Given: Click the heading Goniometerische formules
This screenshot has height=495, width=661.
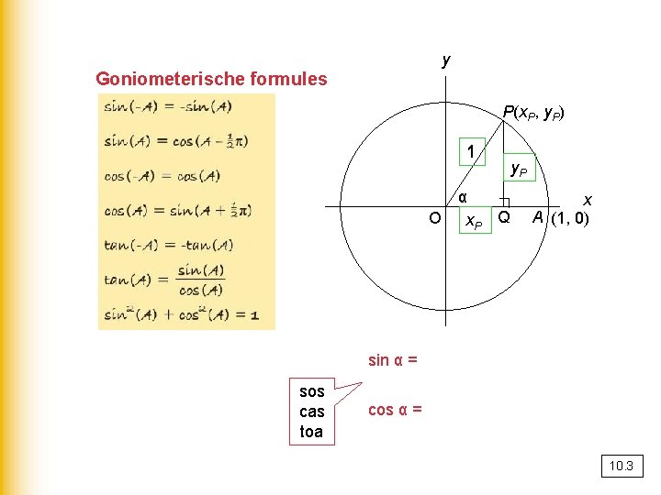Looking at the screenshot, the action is click(211, 79).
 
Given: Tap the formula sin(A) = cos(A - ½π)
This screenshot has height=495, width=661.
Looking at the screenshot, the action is click(175, 141).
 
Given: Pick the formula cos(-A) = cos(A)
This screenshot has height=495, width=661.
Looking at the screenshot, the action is click(162, 176).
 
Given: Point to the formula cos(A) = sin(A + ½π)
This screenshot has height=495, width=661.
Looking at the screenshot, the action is click(177, 210).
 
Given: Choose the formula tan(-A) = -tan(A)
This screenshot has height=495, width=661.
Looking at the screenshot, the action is click(168, 245).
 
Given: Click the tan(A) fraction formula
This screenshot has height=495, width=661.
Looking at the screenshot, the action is click(165, 280).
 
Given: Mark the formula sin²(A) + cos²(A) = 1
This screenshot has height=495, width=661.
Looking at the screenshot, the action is click(181, 315).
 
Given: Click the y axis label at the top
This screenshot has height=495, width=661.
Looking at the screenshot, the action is click(446, 60).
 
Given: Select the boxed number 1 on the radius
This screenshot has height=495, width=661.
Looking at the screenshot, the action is click(471, 151).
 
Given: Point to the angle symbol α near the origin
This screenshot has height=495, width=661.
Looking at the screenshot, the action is click(463, 197).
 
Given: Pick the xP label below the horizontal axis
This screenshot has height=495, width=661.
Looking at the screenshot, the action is click(473, 221).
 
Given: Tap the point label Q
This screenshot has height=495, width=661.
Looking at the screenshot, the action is click(503, 217).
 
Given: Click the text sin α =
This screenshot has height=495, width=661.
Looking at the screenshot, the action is click(393, 360).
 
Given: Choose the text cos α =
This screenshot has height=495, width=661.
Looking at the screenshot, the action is click(395, 410).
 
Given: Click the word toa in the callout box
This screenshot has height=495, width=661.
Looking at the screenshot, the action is click(311, 431).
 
